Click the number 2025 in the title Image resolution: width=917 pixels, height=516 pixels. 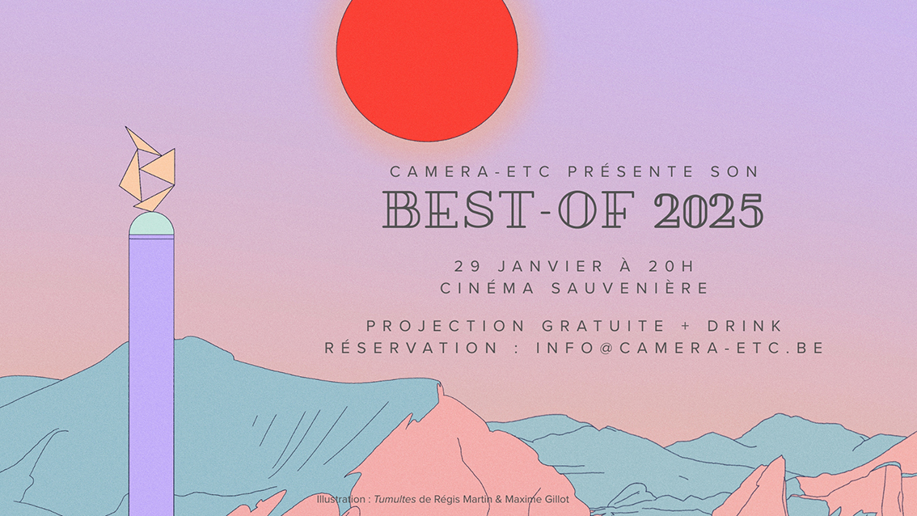pos(708,211)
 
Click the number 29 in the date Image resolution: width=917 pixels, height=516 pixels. pos(467,265)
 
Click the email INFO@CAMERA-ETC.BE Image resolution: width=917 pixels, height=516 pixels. pos(680,349)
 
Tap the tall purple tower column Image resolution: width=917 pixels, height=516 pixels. pos(151,364)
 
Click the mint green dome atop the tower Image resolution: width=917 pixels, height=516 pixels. pos(151,224)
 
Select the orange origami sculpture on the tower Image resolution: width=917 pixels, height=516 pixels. pos(148,170)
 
